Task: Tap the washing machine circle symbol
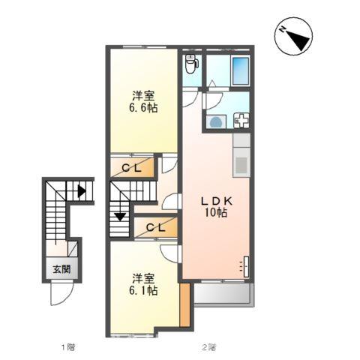(216, 121)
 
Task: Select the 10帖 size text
(217, 214)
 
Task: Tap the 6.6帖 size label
(144, 108)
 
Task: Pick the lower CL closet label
(156, 226)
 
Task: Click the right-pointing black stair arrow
(80, 191)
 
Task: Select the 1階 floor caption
(67, 347)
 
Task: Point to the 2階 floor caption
(208, 347)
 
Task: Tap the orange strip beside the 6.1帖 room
(184, 304)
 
